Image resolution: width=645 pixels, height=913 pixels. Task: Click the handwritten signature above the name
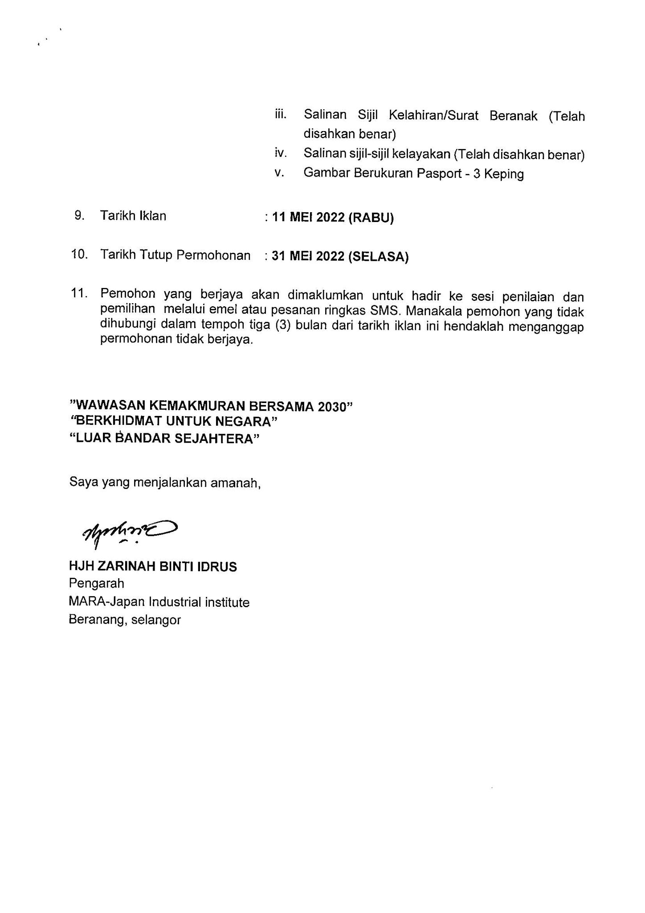(130, 531)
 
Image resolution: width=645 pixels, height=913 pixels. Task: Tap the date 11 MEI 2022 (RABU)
(333, 218)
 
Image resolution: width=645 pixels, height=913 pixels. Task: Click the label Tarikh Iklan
(133, 216)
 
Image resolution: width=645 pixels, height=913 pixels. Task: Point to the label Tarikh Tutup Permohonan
(175, 255)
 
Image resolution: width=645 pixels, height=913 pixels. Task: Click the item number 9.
(79, 216)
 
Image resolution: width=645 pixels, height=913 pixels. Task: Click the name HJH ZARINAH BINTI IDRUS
(153, 567)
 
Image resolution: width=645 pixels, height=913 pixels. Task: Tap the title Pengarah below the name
(97, 584)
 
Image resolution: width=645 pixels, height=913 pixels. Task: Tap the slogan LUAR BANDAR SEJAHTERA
(165, 438)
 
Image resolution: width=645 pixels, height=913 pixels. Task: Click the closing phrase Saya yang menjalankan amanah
(165, 482)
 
